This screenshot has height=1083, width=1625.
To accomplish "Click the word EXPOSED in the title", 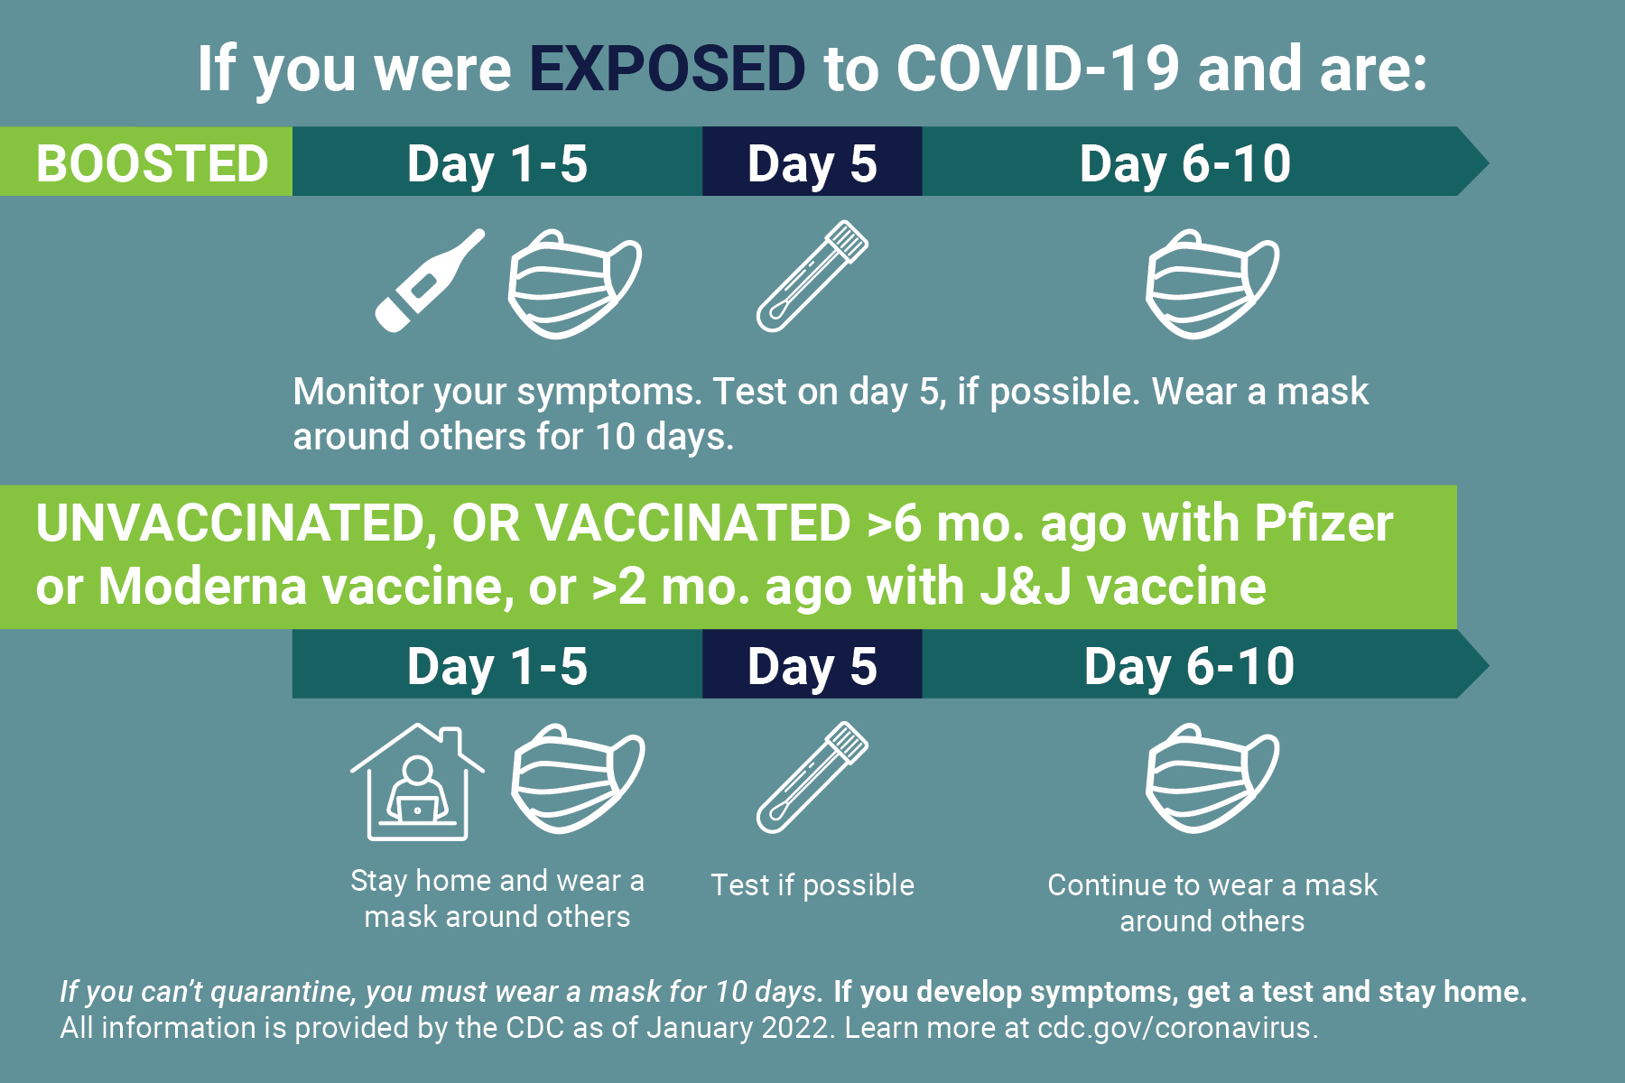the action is [667, 69].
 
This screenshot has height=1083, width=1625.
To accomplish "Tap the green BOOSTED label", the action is [146, 162].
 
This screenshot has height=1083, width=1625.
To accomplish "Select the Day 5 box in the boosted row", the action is [812, 162].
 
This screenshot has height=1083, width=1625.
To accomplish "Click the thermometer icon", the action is [430, 280].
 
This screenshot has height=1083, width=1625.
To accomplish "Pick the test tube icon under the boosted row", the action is [812, 276].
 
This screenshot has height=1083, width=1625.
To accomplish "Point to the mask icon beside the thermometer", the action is [575, 284].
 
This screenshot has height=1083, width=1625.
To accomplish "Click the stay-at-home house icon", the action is [417, 782].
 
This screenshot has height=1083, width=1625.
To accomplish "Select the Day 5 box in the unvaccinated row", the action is [812, 664].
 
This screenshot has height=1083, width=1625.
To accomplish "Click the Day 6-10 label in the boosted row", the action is [1185, 163].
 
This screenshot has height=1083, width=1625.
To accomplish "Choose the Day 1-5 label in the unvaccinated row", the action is [497, 666].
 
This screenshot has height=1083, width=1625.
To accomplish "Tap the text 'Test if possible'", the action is [812, 885].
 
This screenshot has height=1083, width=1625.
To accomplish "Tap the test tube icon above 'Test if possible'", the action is [812, 777].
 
